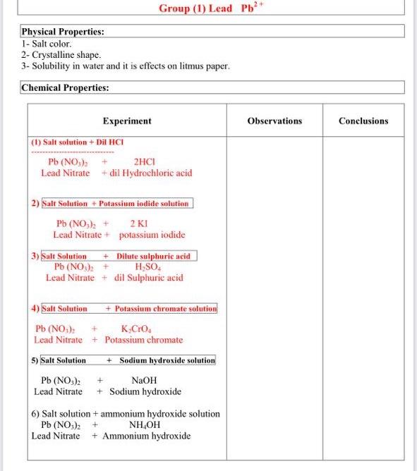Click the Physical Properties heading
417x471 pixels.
click(64, 32)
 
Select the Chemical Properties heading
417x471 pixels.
click(65, 88)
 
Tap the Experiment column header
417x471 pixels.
click(127, 121)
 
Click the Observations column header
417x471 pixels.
click(274, 121)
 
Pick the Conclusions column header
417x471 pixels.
click(363, 121)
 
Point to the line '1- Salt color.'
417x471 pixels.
click(47, 44)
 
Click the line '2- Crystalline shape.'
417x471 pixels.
click(61, 54)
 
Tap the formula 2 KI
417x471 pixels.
click(139, 224)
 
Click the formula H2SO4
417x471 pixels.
click(149, 267)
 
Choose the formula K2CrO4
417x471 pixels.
click(139, 329)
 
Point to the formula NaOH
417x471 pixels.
click(144, 381)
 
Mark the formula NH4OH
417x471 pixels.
click(145, 425)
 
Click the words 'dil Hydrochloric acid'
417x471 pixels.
click(147, 173)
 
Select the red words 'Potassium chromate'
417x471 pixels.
click(143, 340)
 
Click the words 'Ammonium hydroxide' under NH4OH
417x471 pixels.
click(146, 436)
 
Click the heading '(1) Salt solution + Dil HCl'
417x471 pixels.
click(78, 142)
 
